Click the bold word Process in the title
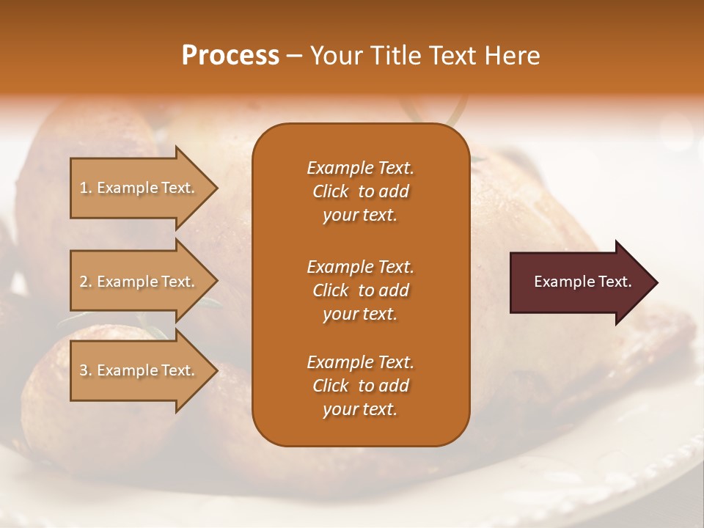tap(230, 56)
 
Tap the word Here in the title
tap(510, 56)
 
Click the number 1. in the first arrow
tap(86, 188)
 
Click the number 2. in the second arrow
tap(86, 282)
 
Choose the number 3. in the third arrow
tap(86, 370)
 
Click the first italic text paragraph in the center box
tap(360, 191)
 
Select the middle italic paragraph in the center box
tap(360, 290)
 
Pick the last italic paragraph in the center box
tap(360, 386)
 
